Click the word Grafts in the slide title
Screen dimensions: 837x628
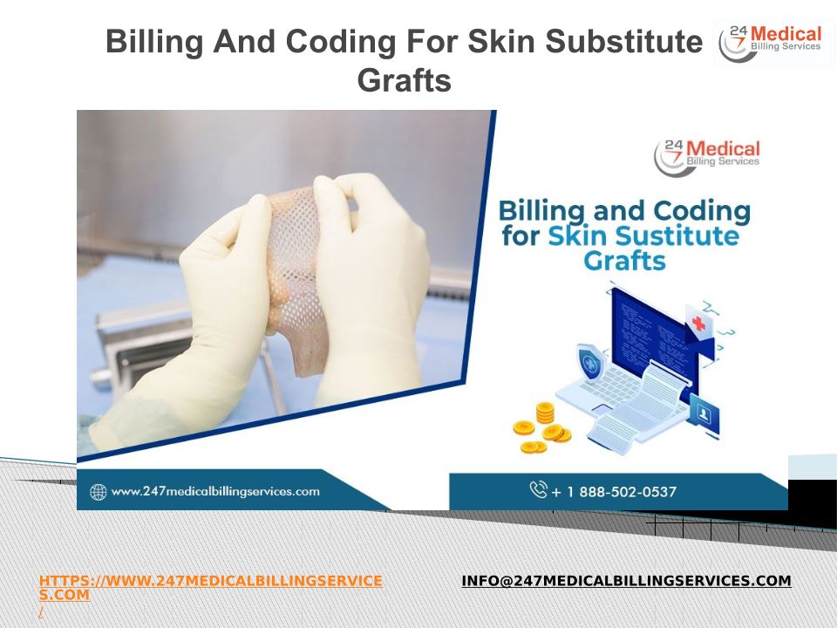(x=404, y=80)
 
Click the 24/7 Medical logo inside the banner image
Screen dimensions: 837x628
(x=707, y=156)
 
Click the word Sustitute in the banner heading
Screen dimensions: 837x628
(x=643, y=235)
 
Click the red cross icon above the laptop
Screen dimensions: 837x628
(x=698, y=323)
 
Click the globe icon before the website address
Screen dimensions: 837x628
(x=99, y=492)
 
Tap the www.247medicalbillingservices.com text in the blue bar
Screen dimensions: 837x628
(x=215, y=491)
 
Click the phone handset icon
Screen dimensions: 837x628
(x=538, y=489)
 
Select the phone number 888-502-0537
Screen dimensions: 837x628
(x=628, y=491)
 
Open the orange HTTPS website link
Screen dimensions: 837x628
(x=210, y=587)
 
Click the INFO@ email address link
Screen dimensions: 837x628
(x=626, y=581)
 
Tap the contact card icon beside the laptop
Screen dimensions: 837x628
(x=704, y=413)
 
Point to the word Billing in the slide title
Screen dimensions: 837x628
(x=154, y=42)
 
